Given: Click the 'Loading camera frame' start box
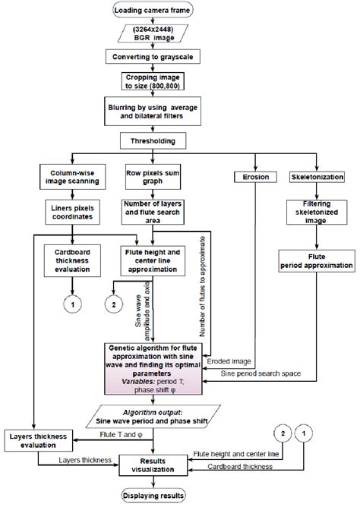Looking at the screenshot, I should pos(153,10).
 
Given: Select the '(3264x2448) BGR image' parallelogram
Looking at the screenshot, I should pos(153,34).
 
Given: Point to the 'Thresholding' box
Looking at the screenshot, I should pos(153,140).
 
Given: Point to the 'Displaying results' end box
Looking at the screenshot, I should pos(154,496).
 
